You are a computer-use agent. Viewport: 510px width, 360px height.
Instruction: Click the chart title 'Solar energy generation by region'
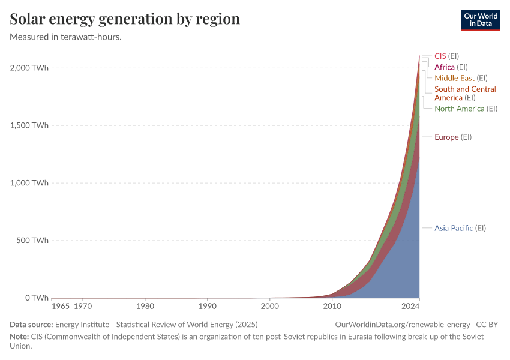click(x=125, y=19)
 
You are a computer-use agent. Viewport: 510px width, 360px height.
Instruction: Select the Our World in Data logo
click(x=480, y=20)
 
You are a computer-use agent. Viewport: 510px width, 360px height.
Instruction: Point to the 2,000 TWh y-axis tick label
click(x=29, y=68)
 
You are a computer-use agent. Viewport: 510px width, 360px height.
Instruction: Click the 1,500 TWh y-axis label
click(x=29, y=125)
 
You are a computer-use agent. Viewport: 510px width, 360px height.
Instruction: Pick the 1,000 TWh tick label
click(x=29, y=183)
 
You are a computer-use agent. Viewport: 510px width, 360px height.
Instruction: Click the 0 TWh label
click(x=36, y=298)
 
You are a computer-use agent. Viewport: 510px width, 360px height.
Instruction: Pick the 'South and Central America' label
click(x=465, y=93)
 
